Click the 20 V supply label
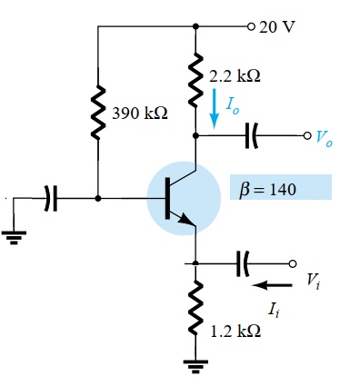click(x=277, y=25)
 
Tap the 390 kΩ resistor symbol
click(x=96, y=114)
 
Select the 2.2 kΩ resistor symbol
click(x=195, y=77)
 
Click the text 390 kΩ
click(x=140, y=115)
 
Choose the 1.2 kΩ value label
click(x=235, y=331)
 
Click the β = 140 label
click(x=280, y=187)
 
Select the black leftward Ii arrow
click(x=269, y=284)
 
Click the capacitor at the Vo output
click(x=252, y=136)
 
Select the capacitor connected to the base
click(x=51, y=196)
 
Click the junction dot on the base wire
click(x=97, y=197)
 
